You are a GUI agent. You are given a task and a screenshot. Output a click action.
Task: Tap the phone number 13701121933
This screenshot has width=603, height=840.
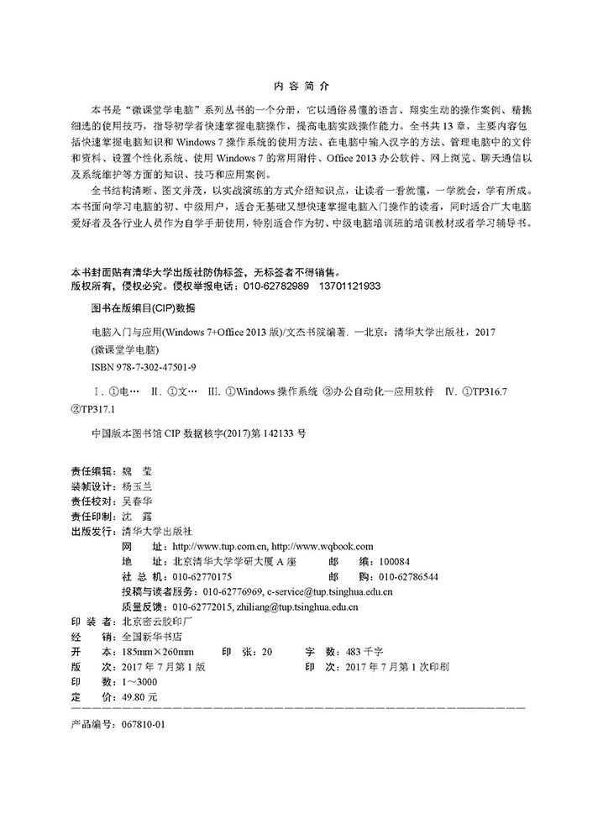[x=347, y=286]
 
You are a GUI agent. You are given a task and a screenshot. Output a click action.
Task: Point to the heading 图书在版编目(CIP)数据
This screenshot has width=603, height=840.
[x=137, y=308]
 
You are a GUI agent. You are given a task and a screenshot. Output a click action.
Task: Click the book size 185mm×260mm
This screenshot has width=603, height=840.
[x=158, y=652]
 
